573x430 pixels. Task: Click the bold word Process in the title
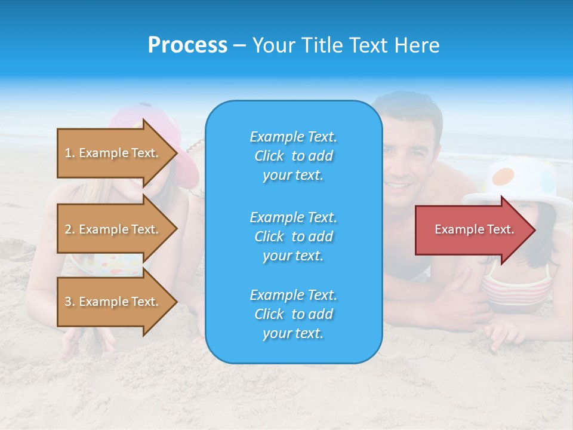[x=187, y=45]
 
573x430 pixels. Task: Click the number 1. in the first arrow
[x=70, y=153]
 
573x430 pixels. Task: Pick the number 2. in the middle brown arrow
[x=70, y=229]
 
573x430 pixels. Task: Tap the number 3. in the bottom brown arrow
[x=70, y=302]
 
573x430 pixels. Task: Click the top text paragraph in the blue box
[x=293, y=156]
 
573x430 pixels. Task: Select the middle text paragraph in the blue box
[x=293, y=236]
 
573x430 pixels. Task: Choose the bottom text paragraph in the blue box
[x=293, y=314]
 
